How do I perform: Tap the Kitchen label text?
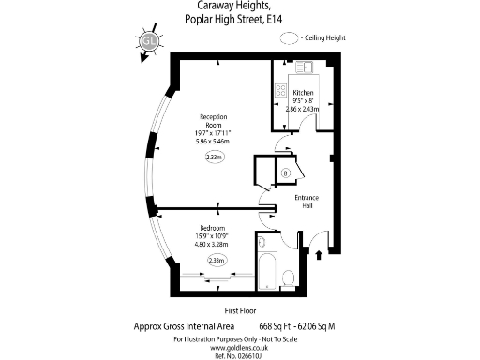[x=304, y=93]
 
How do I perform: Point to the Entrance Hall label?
[x=307, y=202]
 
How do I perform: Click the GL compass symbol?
[x=147, y=41]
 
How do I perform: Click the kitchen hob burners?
[x=279, y=92]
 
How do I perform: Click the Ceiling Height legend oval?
[x=291, y=37]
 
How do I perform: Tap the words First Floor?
[x=240, y=310]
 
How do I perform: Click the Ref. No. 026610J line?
[x=239, y=354]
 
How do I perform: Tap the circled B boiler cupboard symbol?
[x=284, y=173]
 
